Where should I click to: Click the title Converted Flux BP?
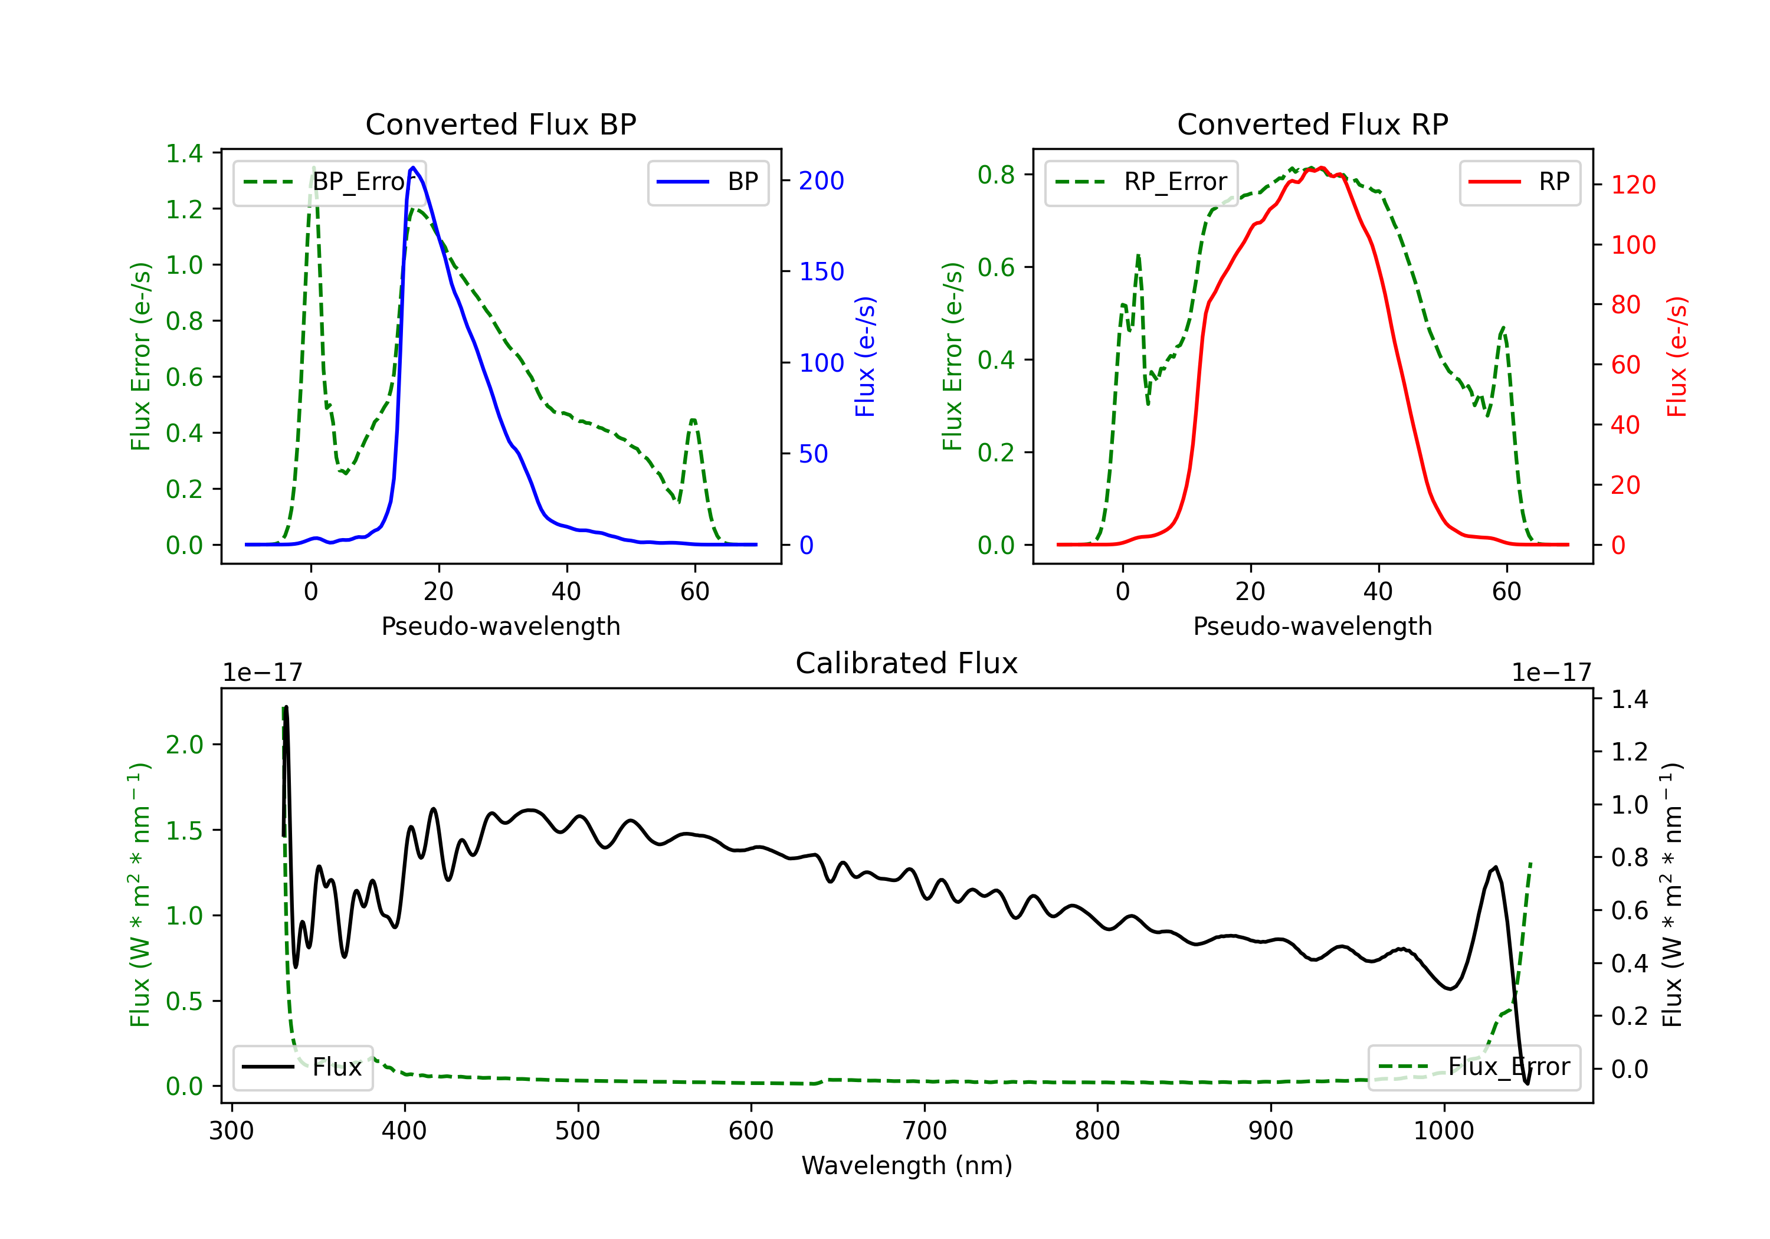(500, 124)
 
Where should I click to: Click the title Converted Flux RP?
(1312, 124)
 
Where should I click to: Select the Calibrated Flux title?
(907, 663)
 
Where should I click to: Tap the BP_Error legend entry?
(329, 182)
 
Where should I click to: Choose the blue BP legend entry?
(707, 182)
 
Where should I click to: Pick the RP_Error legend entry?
(1141, 182)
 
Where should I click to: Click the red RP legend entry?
(1519, 182)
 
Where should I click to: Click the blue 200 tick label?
(821, 181)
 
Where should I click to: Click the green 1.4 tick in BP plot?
(184, 153)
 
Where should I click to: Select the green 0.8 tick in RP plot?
(996, 175)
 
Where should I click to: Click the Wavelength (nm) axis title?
(907, 1165)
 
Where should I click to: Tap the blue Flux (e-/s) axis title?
(865, 357)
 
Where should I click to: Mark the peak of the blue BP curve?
(413, 168)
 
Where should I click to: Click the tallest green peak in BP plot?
(313, 168)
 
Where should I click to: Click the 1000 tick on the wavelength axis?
(1444, 1130)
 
